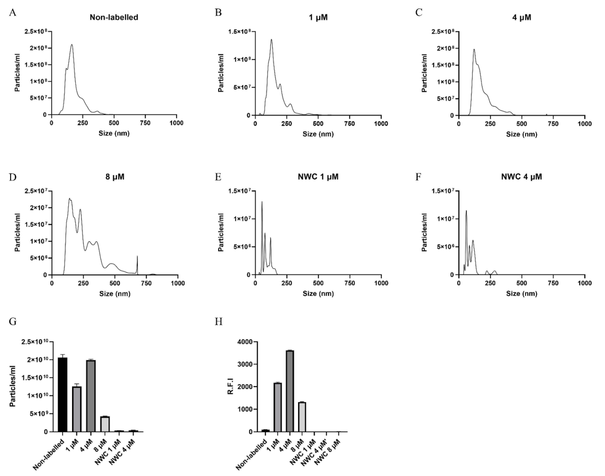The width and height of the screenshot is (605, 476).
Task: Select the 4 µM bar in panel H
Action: pyautogui.click(x=290, y=391)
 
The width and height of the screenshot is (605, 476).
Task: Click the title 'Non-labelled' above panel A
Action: pyautogui.click(x=114, y=17)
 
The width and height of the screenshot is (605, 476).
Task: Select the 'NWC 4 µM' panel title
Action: pyautogui.click(x=521, y=177)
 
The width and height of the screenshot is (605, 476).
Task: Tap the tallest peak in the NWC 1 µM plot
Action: pyautogui.click(x=262, y=202)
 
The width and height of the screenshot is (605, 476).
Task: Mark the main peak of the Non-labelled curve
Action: pyautogui.click(x=72, y=45)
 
